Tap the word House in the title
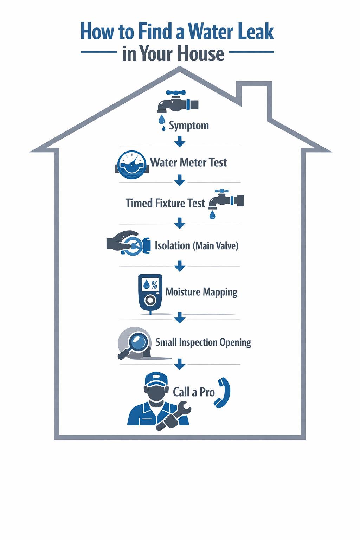coord(200,54)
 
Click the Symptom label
coord(189,126)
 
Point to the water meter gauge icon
coord(131,165)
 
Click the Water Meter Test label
coord(188,162)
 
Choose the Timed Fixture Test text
coord(165,203)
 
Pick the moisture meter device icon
coord(150,293)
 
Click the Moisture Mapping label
coord(201,292)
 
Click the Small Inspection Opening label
coord(203,342)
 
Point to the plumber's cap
coord(156,379)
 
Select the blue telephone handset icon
coord(223,393)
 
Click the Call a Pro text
coord(194,392)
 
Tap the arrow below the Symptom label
coord(180,141)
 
